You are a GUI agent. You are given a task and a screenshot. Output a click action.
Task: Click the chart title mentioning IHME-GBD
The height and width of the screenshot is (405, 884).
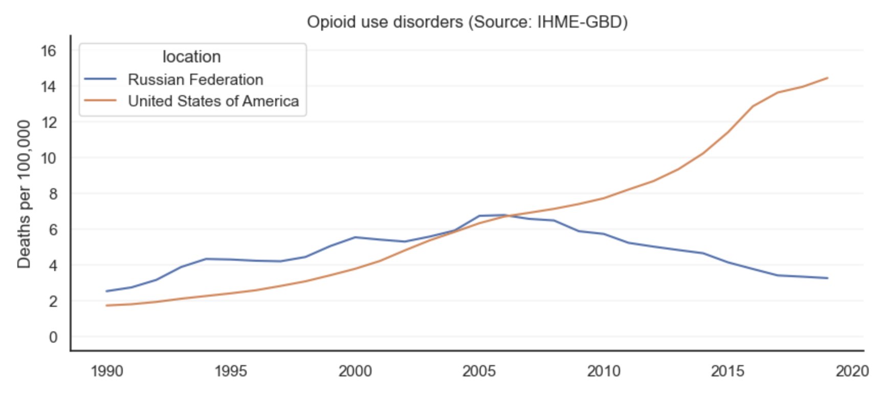tap(467, 22)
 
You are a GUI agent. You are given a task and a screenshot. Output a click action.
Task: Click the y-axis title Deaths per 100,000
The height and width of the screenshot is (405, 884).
tap(24, 194)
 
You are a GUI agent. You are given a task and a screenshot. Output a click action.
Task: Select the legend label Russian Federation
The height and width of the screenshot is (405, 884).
tap(195, 80)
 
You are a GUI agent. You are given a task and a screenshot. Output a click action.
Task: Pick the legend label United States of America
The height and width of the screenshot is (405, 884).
tap(213, 101)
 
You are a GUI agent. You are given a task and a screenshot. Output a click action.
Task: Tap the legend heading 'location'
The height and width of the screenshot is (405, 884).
tap(191, 57)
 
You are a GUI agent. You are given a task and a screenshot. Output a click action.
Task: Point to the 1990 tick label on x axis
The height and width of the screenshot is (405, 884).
tap(107, 371)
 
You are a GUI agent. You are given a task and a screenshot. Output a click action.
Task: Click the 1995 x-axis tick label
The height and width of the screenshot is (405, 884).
tap(231, 371)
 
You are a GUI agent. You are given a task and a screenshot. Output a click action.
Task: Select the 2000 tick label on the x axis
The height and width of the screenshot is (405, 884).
tap(355, 371)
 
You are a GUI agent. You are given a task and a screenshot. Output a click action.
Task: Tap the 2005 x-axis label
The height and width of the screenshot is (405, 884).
tap(479, 371)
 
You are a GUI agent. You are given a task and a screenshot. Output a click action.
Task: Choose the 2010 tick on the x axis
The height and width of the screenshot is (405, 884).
tap(604, 371)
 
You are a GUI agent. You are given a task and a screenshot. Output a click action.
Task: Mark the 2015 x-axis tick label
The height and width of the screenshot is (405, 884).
tap(727, 371)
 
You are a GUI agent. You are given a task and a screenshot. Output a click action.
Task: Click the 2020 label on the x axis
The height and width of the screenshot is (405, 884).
tap(852, 371)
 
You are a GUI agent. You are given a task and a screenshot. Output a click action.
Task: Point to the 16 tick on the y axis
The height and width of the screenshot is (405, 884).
tap(49, 51)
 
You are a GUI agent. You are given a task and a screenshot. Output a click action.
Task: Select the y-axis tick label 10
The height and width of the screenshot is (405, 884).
tap(49, 158)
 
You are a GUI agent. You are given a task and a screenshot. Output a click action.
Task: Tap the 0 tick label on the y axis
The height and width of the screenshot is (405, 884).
tap(53, 337)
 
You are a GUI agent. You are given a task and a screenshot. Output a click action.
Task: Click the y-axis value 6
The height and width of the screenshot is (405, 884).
tap(53, 230)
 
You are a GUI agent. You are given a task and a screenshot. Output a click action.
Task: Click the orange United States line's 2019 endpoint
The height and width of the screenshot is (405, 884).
tap(827, 78)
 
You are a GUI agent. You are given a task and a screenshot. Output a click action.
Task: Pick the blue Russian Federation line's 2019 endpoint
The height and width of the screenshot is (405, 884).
tap(827, 278)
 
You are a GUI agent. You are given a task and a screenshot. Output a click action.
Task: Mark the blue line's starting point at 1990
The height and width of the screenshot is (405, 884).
tap(107, 291)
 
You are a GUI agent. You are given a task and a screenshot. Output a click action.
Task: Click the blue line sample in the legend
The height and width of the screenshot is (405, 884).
tap(100, 79)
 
